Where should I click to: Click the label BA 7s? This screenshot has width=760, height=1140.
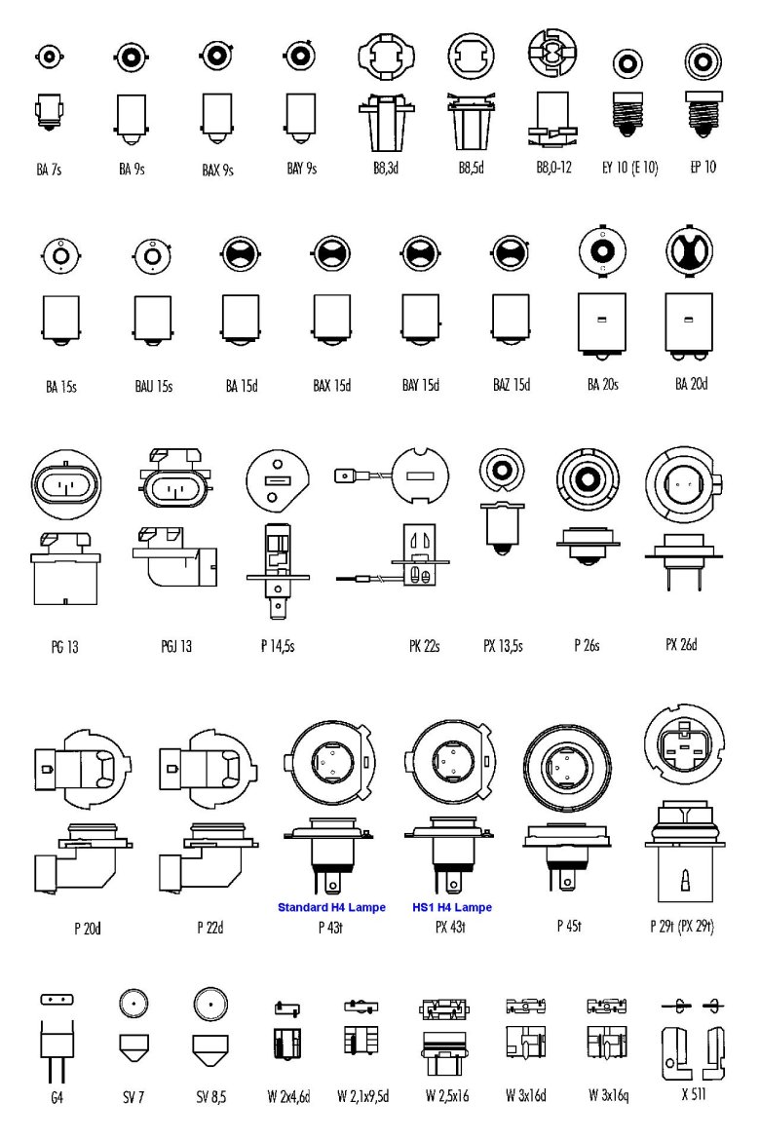(x=49, y=169)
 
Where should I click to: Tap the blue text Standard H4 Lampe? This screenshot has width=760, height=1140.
(x=331, y=908)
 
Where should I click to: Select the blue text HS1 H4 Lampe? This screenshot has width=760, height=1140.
(x=451, y=908)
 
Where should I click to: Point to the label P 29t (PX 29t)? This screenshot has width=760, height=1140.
(x=681, y=926)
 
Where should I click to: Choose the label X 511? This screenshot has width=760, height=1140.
(x=696, y=1095)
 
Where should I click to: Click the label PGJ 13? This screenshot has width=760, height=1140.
(x=176, y=646)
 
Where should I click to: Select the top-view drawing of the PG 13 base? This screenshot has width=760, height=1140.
(x=66, y=483)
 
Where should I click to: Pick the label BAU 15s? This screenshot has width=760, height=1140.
(x=154, y=387)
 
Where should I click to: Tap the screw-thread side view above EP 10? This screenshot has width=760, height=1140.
(x=702, y=113)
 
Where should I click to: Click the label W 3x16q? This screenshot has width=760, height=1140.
(x=608, y=1096)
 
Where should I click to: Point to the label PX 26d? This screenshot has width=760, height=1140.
(x=681, y=644)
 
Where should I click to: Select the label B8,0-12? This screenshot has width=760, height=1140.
(x=553, y=168)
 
